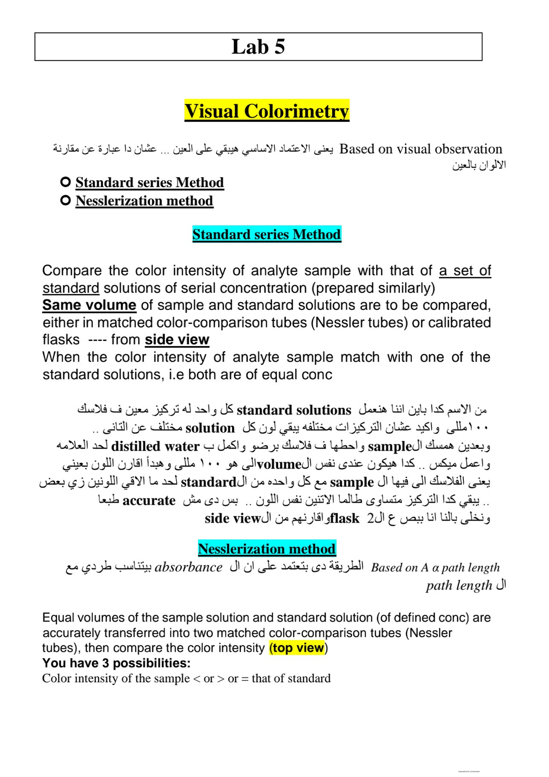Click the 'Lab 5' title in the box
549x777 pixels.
[258, 47]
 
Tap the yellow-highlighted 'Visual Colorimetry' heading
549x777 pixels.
[267, 111]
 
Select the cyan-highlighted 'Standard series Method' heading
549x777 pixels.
[267, 234]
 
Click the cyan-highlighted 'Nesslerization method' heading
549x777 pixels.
[267, 549]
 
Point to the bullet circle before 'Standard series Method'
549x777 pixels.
[65, 182]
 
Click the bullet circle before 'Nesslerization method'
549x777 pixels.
[65, 200]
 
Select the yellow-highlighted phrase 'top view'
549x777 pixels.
[298, 648]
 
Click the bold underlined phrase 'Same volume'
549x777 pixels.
[89, 305]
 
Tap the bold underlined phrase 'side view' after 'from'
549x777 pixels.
[177, 340]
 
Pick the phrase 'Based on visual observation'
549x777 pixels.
[420, 149]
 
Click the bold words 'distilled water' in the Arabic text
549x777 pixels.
[155, 446]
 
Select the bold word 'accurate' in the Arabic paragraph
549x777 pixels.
[149, 501]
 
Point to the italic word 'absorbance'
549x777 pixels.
[188, 567]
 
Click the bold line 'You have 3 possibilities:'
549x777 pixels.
[116, 663]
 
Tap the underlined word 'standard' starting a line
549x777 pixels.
[71, 288]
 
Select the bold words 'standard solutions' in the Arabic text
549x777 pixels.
[294, 410]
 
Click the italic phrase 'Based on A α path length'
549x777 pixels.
[435, 568]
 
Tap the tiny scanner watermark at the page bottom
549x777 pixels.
[468, 771]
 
